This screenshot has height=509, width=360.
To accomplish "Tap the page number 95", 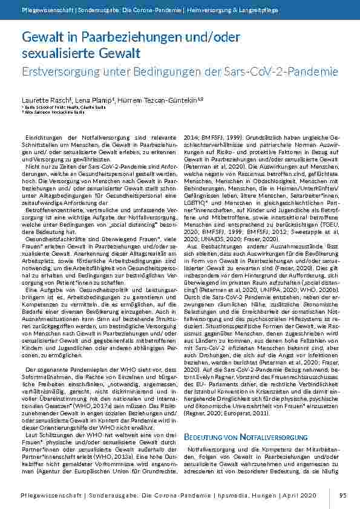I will pos(343,496).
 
